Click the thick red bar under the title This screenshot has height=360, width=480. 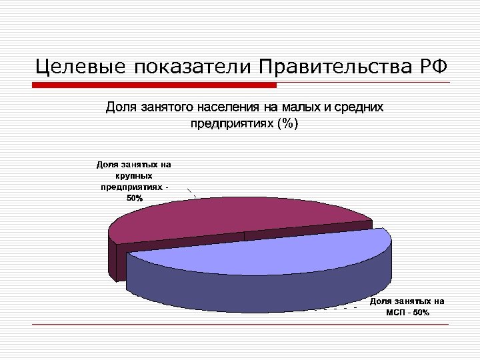pyautogui.click(x=154, y=85)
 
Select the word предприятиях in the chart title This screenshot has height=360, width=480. pyautogui.click(x=230, y=123)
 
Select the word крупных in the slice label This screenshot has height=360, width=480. pyautogui.click(x=134, y=175)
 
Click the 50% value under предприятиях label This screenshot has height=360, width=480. pyautogui.click(x=134, y=199)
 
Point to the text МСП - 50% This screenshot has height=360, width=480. pyautogui.click(x=407, y=313)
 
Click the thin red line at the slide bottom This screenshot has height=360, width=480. pyautogui.click(x=240, y=325)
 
